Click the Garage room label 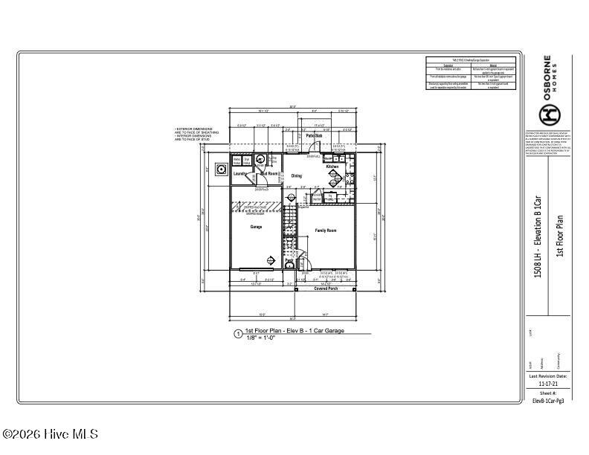(x=256, y=227)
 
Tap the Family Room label (x=326, y=230)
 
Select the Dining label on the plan (x=296, y=176)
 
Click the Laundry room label (x=239, y=174)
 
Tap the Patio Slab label (x=314, y=136)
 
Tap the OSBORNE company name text (x=548, y=77)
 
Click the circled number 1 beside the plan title (x=238, y=335)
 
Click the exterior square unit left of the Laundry (x=221, y=169)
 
